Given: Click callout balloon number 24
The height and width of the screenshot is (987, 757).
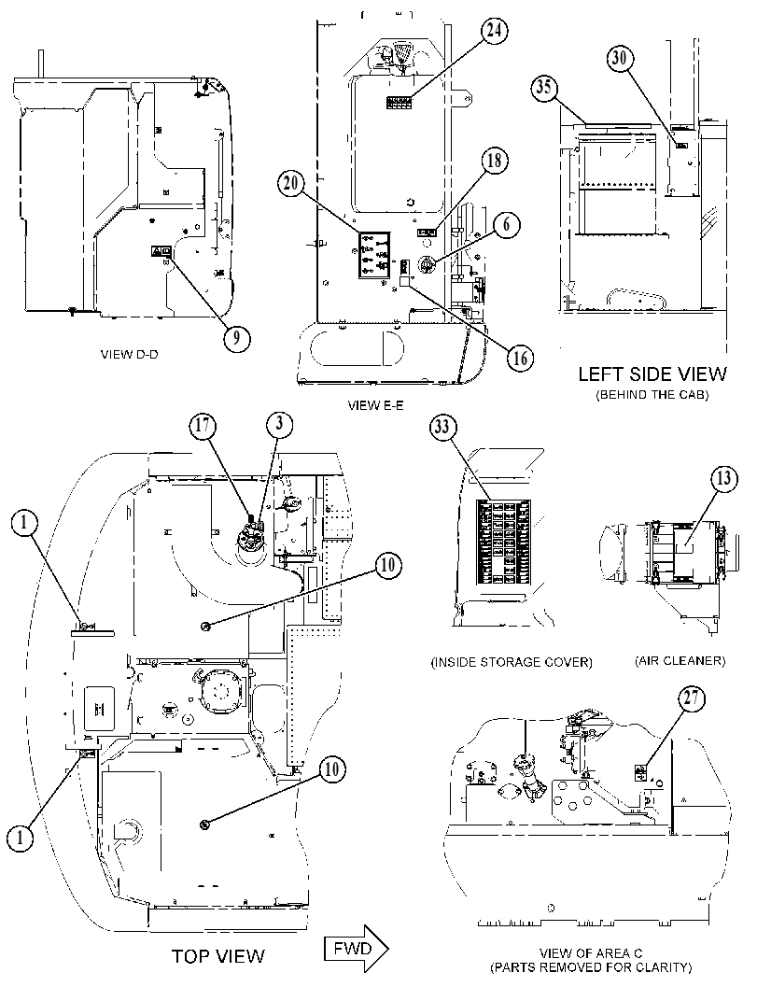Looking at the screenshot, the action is (x=496, y=30).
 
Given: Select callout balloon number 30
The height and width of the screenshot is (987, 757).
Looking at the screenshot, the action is (x=620, y=58).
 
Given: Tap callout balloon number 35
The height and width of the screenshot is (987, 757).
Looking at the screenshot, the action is (x=544, y=87).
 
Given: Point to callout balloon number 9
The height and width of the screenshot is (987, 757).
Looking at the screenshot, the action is (x=236, y=338).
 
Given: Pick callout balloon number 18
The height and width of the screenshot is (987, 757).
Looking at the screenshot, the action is (x=507, y=225).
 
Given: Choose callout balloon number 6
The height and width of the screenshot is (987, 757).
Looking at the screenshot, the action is (x=507, y=225).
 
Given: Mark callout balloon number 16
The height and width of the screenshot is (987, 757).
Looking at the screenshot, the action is (x=520, y=358).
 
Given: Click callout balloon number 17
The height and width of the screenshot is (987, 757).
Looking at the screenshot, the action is (x=203, y=425).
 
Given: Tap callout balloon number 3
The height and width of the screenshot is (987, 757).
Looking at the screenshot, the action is (x=279, y=424).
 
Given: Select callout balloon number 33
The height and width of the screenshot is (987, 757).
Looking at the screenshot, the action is (x=442, y=428).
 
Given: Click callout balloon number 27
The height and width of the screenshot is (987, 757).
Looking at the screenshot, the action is (x=692, y=698).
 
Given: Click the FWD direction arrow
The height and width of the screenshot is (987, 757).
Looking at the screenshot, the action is (x=357, y=949).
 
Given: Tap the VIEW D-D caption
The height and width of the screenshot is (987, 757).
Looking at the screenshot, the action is (x=130, y=355).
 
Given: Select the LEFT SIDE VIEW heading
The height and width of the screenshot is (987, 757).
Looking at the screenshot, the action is (x=652, y=374).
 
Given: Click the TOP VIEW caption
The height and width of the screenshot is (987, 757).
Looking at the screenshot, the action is (x=218, y=956).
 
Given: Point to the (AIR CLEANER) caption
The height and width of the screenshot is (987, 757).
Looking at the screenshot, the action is (x=680, y=661).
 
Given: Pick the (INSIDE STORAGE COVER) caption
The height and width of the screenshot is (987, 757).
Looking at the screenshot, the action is (x=512, y=662).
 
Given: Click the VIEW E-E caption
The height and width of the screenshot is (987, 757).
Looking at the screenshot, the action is (x=375, y=406).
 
